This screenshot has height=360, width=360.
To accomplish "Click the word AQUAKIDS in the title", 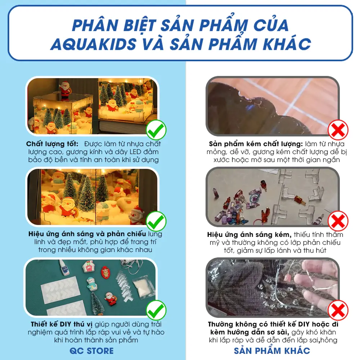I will (x=93, y=44).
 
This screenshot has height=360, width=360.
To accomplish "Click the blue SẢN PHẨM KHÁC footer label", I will (x=272, y=350).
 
